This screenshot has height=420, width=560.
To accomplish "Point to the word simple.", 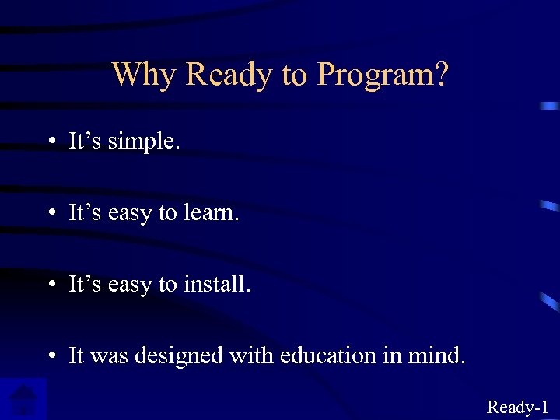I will (144, 142).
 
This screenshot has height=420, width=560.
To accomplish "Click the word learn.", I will (212, 213).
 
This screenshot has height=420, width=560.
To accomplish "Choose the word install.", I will (217, 285).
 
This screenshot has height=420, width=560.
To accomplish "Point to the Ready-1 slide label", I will (518, 407).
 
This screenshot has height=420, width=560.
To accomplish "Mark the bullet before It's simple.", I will (49, 142).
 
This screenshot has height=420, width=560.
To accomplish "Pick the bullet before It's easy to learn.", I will (49, 213).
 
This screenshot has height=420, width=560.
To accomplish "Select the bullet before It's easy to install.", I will (49, 285).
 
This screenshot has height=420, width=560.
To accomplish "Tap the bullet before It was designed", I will (49, 356).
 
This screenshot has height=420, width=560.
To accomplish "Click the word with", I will (250, 355).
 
